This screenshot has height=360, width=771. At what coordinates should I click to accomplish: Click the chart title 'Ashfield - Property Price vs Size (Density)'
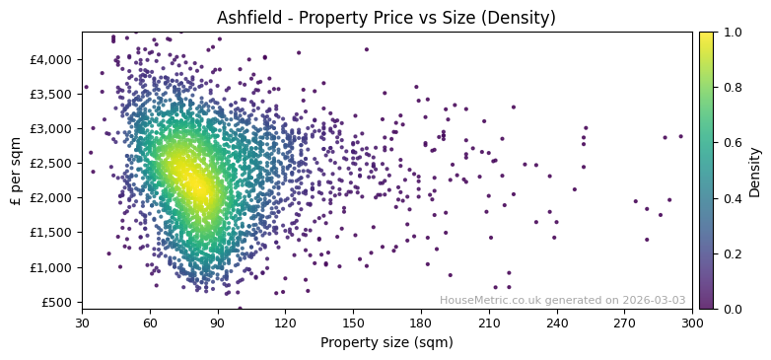pyautogui.click(x=385, y=18)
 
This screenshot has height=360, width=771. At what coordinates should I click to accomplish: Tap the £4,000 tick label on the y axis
pyautogui.click(x=51, y=59)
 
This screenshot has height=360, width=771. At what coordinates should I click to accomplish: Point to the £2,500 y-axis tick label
pyautogui.click(x=51, y=164)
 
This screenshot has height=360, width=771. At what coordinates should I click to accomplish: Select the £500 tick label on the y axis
pyautogui.click(x=55, y=302)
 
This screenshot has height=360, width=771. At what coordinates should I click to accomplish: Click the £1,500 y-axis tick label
pyautogui.click(x=51, y=233)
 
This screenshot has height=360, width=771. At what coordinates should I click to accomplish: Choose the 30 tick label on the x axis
pyautogui.click(x=82, y=323)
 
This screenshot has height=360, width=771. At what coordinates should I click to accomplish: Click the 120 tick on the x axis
pyautogui.click(x=285, y=323)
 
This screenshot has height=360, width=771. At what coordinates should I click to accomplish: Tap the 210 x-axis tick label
pyautogui.click(x=489, y=323)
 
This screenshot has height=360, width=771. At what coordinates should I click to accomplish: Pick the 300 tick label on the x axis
pyautogui.click(x=692, y=323)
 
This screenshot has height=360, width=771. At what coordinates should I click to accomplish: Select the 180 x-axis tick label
pyautogui.click(x=421, y=323)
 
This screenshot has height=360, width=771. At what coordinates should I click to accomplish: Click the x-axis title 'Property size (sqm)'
pyautogui.click(x=386, y=342)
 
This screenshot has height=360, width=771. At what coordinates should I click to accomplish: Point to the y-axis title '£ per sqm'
pyautogui.click(x=17, y=170)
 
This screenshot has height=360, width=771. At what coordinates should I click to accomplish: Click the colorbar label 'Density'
pyautogui.click(x=755, y=170)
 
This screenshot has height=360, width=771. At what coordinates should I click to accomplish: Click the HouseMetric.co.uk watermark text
pyautogui.click(x=562, y=301)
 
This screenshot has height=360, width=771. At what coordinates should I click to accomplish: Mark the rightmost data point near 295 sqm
pyautogui.click(x=680, y=136)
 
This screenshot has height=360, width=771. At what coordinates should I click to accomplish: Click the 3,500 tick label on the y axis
pyautogui.click(x=51, y=94)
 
